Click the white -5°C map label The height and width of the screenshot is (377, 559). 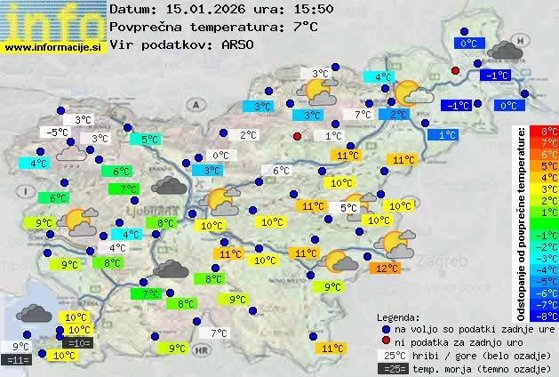click(x=57, y=132)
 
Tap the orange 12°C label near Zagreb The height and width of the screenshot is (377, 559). click(x=386, y=268)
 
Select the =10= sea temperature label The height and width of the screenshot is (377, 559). click(x=78, y=342)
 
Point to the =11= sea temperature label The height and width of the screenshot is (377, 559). click(x=17, y=359)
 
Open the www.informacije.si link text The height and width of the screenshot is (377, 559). click(x=53, y=48)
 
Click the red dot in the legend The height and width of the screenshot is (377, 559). click(x=386, y=341)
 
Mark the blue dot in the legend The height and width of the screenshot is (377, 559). click(x=386, y=328)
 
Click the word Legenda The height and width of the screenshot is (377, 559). click(x=398, y=317)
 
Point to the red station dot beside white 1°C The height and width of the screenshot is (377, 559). click(x=297, y=136)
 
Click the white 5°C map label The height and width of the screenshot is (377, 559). click(x=348, y=207)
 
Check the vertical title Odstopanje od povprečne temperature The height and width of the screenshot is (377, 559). click(x=522, y=222)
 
